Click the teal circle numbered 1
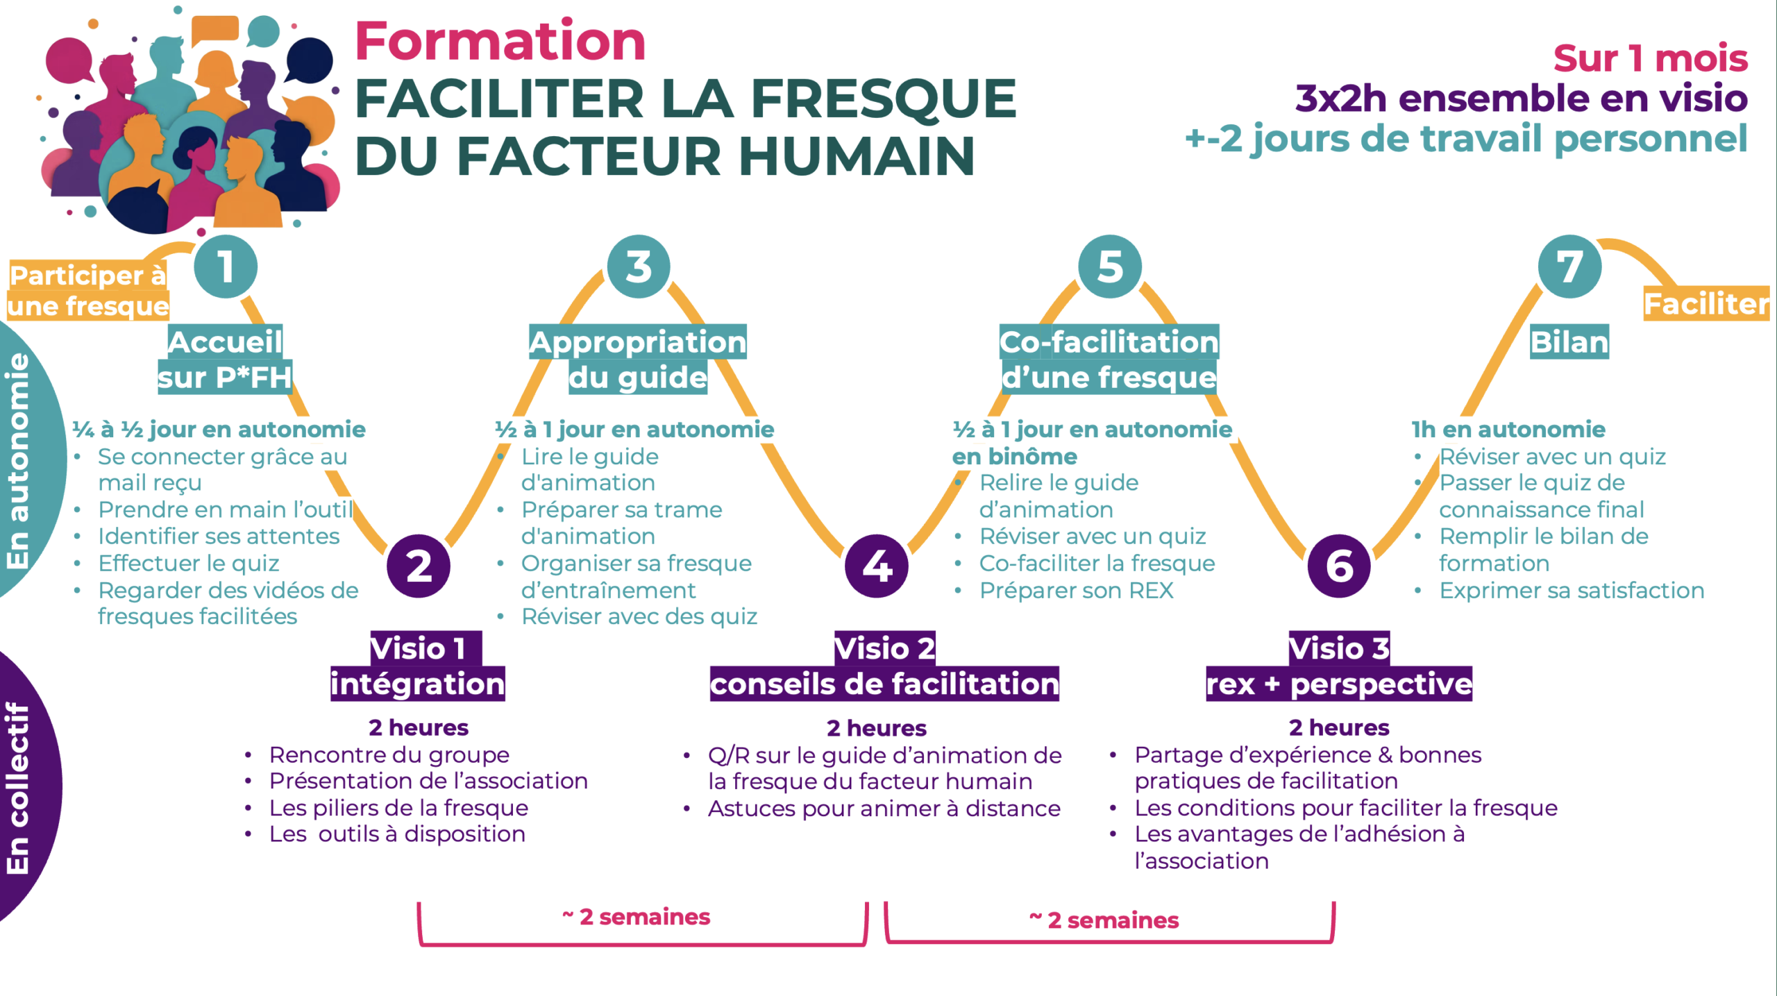226,267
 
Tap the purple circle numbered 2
419,566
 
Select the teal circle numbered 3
639,267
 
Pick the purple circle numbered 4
877,566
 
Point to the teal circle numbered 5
1110,267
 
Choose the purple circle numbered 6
1339,566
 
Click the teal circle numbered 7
1570,267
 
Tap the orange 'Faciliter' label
1706,303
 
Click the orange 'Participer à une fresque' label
88,291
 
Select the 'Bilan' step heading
1569,341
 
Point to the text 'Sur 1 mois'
1651,58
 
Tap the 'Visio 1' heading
418,648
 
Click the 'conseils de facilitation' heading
884,684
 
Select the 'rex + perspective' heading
1339,684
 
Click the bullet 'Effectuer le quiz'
188,563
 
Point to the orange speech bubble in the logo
215,29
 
